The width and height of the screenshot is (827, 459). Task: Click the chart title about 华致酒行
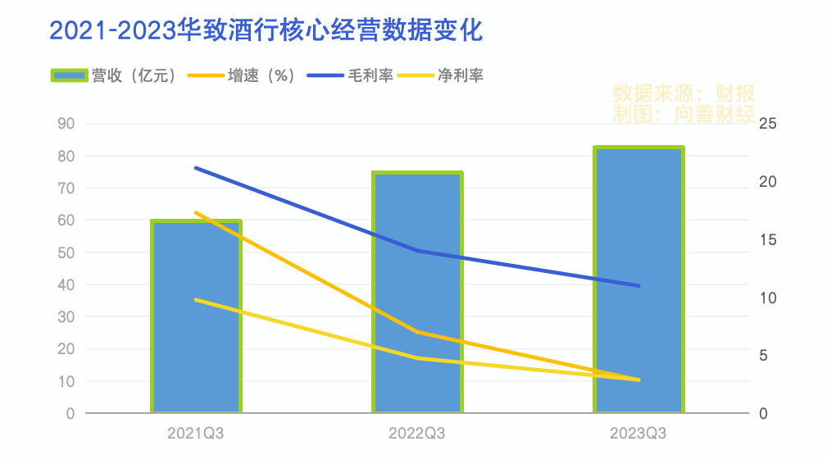click(x=267, y=30)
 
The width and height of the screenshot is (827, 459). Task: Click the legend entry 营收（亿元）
click(x=115, y=75)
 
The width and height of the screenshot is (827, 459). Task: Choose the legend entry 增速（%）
click(x=243, y=75)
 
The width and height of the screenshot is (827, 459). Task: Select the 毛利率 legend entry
click(x=352, y=75)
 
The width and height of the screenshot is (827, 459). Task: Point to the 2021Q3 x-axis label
click(x=196, y=433)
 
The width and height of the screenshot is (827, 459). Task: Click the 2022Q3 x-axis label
click(x=417, y=433)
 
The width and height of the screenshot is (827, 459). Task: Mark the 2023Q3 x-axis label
click(x=638, y=433)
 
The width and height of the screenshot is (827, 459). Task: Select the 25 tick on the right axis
click(x=768, y=124)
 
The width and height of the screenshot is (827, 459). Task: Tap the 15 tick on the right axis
click(x=768, y=240)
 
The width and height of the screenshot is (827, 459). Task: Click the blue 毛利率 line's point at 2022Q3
click(x=417, y=250)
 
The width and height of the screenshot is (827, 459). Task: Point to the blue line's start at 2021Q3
click(x=196, y=167)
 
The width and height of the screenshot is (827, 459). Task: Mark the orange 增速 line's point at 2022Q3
click(x=417, y=332)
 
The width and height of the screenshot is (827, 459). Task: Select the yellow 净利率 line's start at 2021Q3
click(x=196, y=300)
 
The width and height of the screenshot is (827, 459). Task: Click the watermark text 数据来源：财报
click(x=684, y=92)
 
